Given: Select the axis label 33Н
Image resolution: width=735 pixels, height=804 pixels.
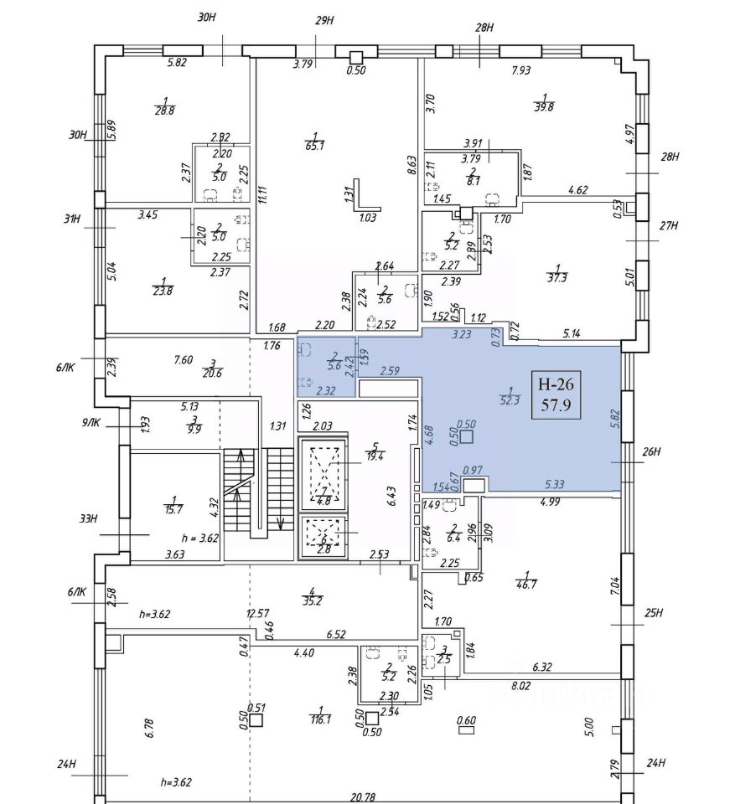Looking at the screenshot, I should click(88, 519).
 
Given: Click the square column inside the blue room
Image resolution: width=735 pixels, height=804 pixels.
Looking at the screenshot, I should click(467, 435).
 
